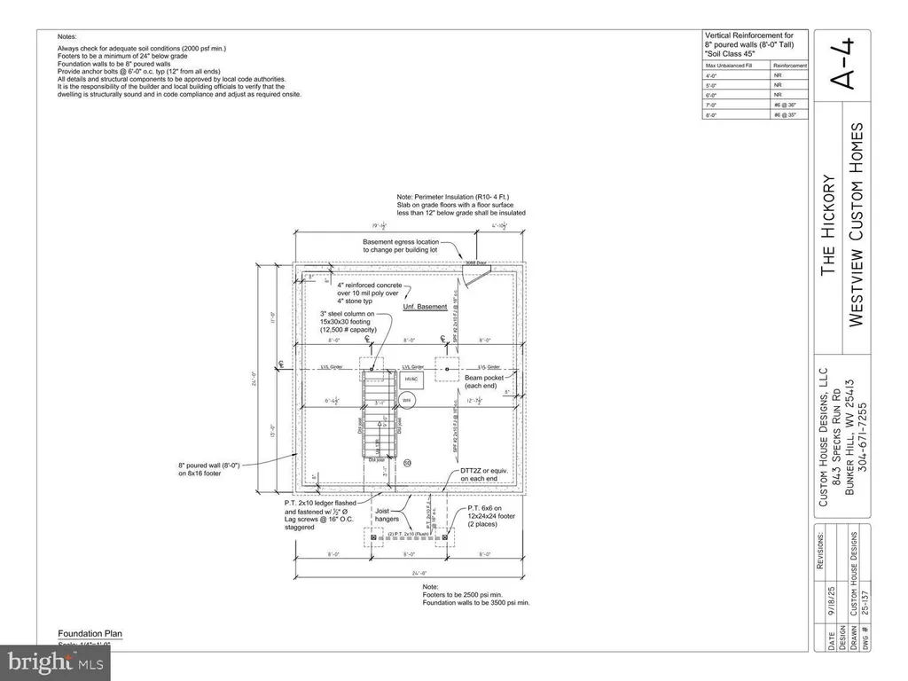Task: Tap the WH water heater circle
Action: tap(408, 399)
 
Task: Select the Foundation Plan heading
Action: tap(90, 634)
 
